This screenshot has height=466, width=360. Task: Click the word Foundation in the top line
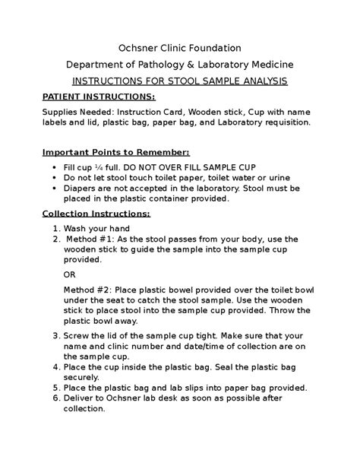point(214,48)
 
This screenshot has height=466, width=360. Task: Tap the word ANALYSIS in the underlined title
point(261,82)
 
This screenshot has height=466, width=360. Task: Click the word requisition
point(284,122)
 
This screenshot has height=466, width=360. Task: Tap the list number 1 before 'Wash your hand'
point(56,228)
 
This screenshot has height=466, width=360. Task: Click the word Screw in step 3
point(78,334)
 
